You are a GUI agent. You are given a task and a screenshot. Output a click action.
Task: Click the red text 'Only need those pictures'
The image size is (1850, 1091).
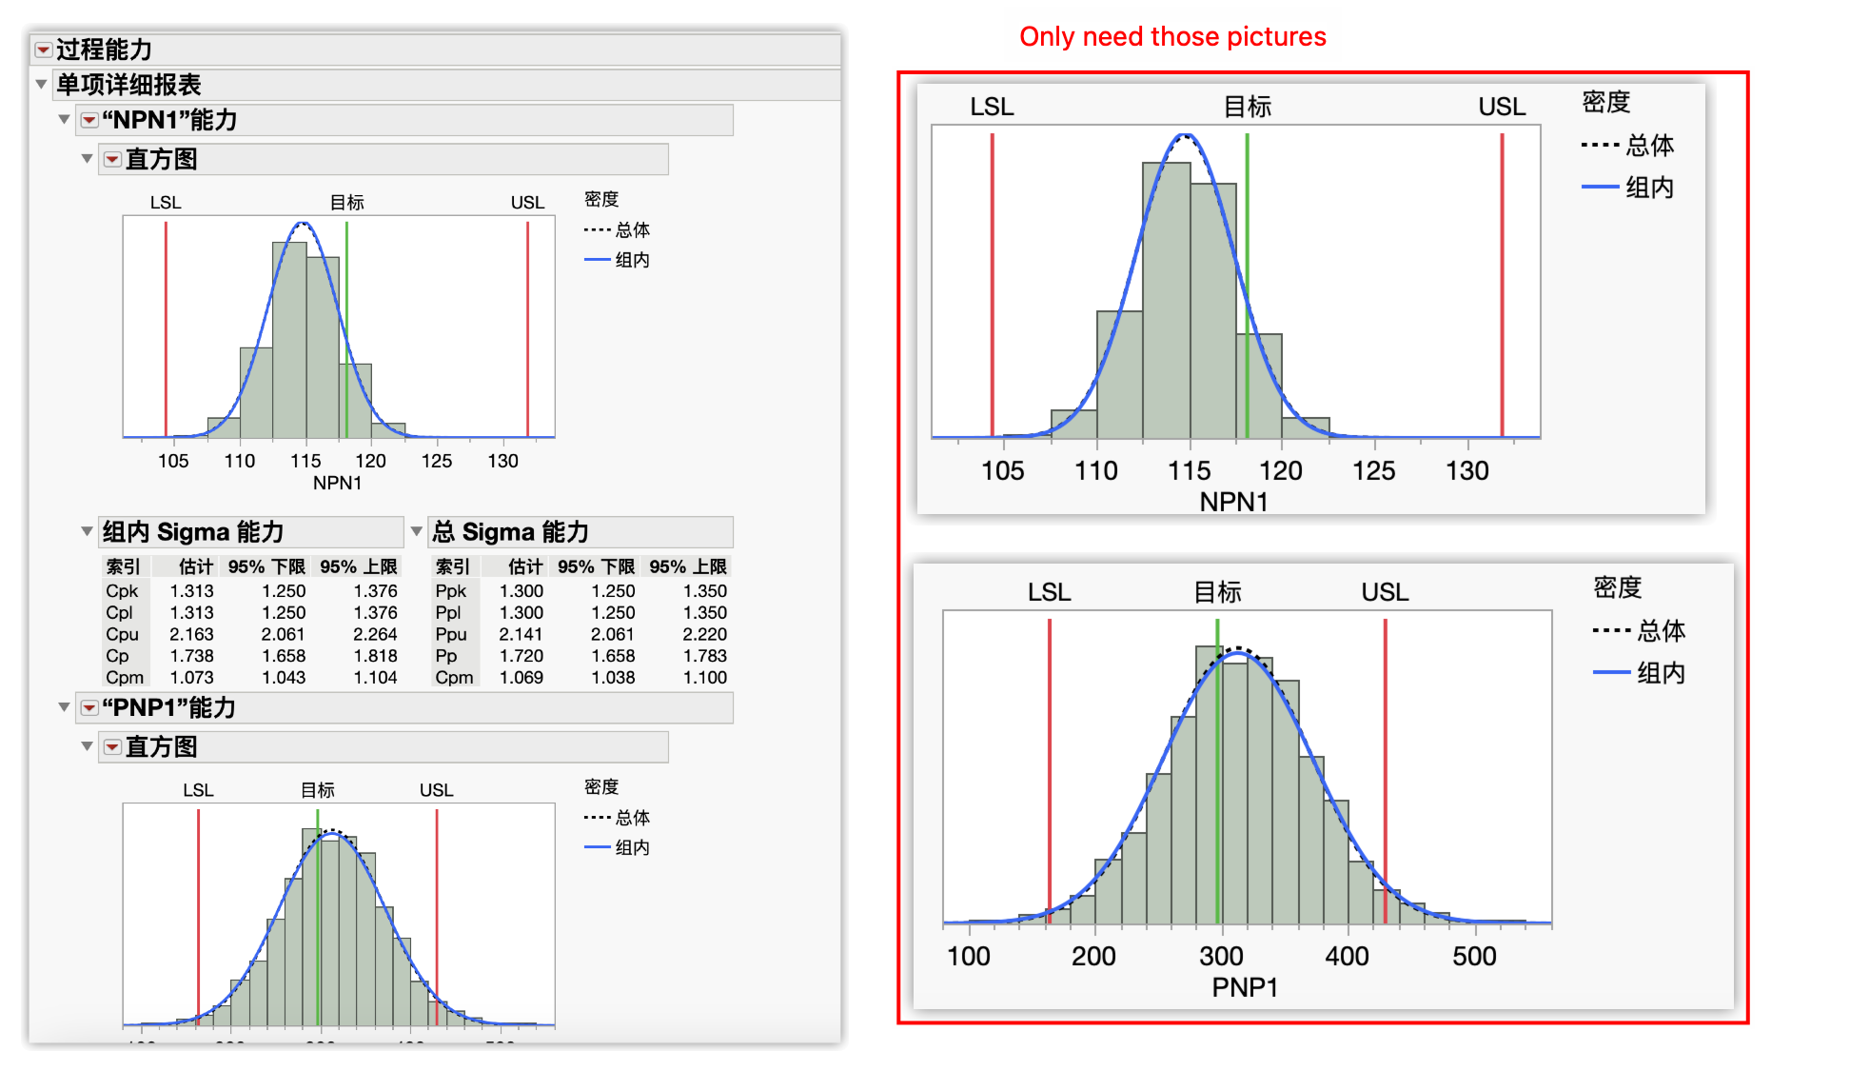(x=1171, y=37)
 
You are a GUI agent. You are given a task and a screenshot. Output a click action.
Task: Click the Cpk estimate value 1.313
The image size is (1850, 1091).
(x=191, y=590)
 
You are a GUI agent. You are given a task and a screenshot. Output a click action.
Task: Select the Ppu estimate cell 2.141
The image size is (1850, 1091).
(x=521, y=634)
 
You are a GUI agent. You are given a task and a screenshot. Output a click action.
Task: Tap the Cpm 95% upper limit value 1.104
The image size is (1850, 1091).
(x=375, y=678)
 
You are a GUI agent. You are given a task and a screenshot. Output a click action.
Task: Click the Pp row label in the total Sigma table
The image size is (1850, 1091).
(x=445, y=656)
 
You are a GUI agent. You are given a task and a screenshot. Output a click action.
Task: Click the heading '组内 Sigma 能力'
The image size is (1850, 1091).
(x=193, y=531)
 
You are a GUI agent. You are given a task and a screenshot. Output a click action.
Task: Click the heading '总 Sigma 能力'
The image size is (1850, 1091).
(x=510, y=531)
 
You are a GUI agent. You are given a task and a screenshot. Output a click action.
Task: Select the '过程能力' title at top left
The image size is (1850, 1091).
(x=104, y=50)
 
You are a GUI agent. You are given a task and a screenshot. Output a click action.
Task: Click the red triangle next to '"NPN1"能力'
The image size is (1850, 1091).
(x=89, y=120)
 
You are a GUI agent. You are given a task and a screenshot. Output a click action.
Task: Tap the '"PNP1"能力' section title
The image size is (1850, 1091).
(x=168, y=707)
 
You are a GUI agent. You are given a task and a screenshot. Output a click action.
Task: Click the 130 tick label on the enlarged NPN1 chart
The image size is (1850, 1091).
(x=1466, y=470)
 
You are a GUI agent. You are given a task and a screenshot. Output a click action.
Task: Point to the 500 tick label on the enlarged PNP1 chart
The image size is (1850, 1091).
(x=1474, y=956)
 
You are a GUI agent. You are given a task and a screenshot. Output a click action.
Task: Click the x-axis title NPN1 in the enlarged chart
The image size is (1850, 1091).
(x=1233, y=502)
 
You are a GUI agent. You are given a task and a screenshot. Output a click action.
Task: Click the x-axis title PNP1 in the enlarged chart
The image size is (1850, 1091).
(x=1244, y=987)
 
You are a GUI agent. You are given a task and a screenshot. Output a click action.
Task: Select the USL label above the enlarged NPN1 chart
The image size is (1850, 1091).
(x=1502, y=107)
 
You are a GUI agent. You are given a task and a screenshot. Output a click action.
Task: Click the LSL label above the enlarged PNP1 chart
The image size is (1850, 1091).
(x=1049, y=592)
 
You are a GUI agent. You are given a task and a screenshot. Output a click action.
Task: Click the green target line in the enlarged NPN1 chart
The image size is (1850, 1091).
(x=1247, y=286)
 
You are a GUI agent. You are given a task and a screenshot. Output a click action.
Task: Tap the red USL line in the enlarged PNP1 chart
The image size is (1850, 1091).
(x=1385, y=762)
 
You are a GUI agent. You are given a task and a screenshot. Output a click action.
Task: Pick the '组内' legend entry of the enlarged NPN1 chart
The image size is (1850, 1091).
(x=1648, y=188)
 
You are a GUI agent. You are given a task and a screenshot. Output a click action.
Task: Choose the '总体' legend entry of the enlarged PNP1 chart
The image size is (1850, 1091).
(x=1660, y=630)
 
